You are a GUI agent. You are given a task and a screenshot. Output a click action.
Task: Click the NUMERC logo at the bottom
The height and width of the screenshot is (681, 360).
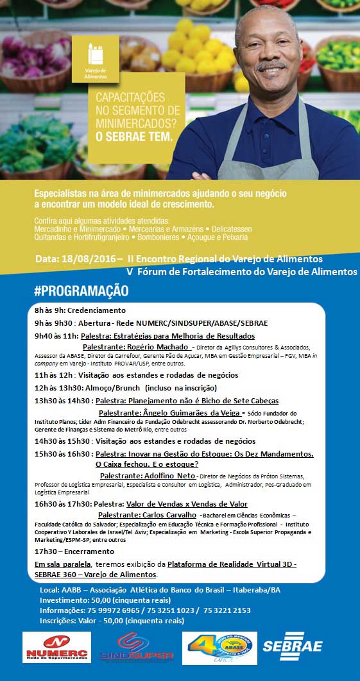(x=56, y=647)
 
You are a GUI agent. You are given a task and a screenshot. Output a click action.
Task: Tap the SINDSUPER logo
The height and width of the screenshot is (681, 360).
(x=137, y=647)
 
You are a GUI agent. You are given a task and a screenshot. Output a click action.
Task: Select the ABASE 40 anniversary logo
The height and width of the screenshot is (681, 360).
(x=219, y=647)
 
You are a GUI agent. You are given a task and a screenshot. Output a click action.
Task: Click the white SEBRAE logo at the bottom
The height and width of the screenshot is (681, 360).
(x=292, y=648)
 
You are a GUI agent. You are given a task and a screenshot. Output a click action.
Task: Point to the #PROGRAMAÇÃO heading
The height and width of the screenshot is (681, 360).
(x=81, y=291)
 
